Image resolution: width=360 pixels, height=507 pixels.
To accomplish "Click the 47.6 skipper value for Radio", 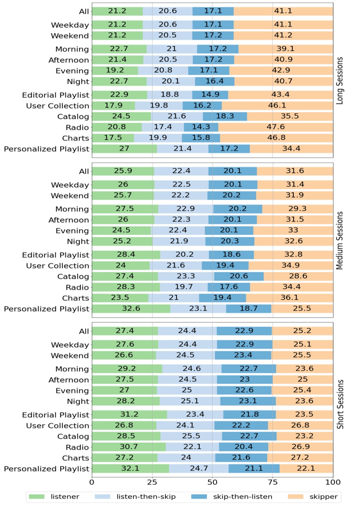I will [275, 127].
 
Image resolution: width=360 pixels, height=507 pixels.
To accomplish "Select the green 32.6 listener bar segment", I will [131, 309].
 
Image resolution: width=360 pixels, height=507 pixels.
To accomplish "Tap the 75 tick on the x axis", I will [273, 482].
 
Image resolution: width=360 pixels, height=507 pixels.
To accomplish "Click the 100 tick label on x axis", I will [333, 482].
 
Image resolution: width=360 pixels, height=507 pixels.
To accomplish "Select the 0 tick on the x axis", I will [92, 482].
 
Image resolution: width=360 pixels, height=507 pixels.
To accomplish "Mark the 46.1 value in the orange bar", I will [277, 106].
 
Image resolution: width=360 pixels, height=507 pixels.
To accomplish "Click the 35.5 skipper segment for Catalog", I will [289, 117].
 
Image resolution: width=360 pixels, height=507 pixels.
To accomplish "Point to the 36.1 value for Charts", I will [289, 298].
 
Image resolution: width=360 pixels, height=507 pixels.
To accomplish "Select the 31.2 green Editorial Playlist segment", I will [129, 415].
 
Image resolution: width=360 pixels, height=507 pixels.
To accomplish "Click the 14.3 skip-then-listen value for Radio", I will [201, 127].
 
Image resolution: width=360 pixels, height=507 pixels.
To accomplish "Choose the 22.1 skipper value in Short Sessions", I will [306, 469].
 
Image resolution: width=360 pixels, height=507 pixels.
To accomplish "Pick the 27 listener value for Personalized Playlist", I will [124, 149].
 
